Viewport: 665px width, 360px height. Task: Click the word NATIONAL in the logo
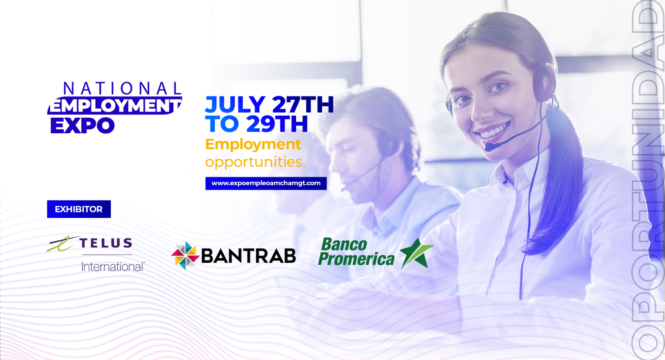click(123, 88)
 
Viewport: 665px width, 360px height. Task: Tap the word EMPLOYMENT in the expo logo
click(115, 105)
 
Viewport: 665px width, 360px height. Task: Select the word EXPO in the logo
click(83, 125)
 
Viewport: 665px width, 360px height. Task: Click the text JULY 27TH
click(270, 104)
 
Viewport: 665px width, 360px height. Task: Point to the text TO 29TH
click(257, 124)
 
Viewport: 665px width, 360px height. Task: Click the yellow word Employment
click(253, 145)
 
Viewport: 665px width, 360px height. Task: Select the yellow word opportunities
click(255, 162)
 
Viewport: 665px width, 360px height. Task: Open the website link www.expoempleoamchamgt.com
click(266, 183)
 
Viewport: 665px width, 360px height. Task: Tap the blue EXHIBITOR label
click(79, 209)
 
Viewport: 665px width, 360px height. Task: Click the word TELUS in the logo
click(106, 243)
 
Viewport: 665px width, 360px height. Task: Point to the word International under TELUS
click(113, 267)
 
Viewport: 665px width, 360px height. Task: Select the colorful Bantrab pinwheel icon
click(185, 256)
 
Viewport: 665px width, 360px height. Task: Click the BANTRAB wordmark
click(249, 256)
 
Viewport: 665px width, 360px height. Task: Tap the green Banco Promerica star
click(416, 253)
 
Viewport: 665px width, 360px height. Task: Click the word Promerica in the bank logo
click(356, 259)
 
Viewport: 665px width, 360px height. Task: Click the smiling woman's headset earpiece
click(545, 83)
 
